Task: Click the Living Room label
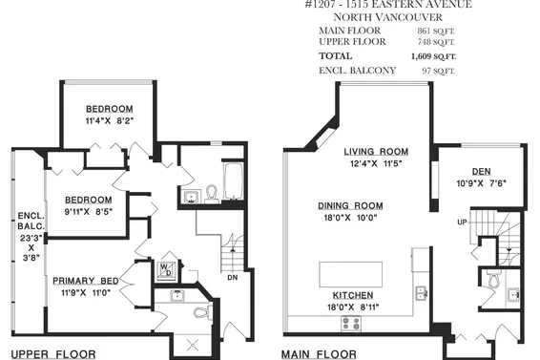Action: pyautogui.click(x=376, y=151)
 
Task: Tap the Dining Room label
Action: pyautogui.click(x=350, y=205)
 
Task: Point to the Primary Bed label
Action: pyautogui.click(x=86, y=280)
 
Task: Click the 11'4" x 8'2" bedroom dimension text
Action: pyautogui.click(x=108, y=121)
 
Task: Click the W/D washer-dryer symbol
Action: pyautogui.click(x=165, y=269)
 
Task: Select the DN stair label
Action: pyautogui.click(x=233, y=278)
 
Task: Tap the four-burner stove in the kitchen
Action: pyautogui.click(x=350, y=324)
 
